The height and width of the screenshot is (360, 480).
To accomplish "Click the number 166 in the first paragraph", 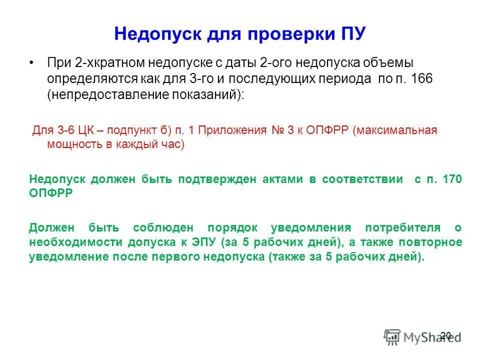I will (422, 79).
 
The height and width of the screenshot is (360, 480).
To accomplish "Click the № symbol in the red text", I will (278, 130).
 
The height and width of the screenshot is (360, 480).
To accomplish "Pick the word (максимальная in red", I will (394, 130).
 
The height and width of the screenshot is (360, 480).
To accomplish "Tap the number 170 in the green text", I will (452, 179).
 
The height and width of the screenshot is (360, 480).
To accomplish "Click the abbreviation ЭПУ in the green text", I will (202, 242).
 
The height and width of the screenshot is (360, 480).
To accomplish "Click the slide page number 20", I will (446, 335).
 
